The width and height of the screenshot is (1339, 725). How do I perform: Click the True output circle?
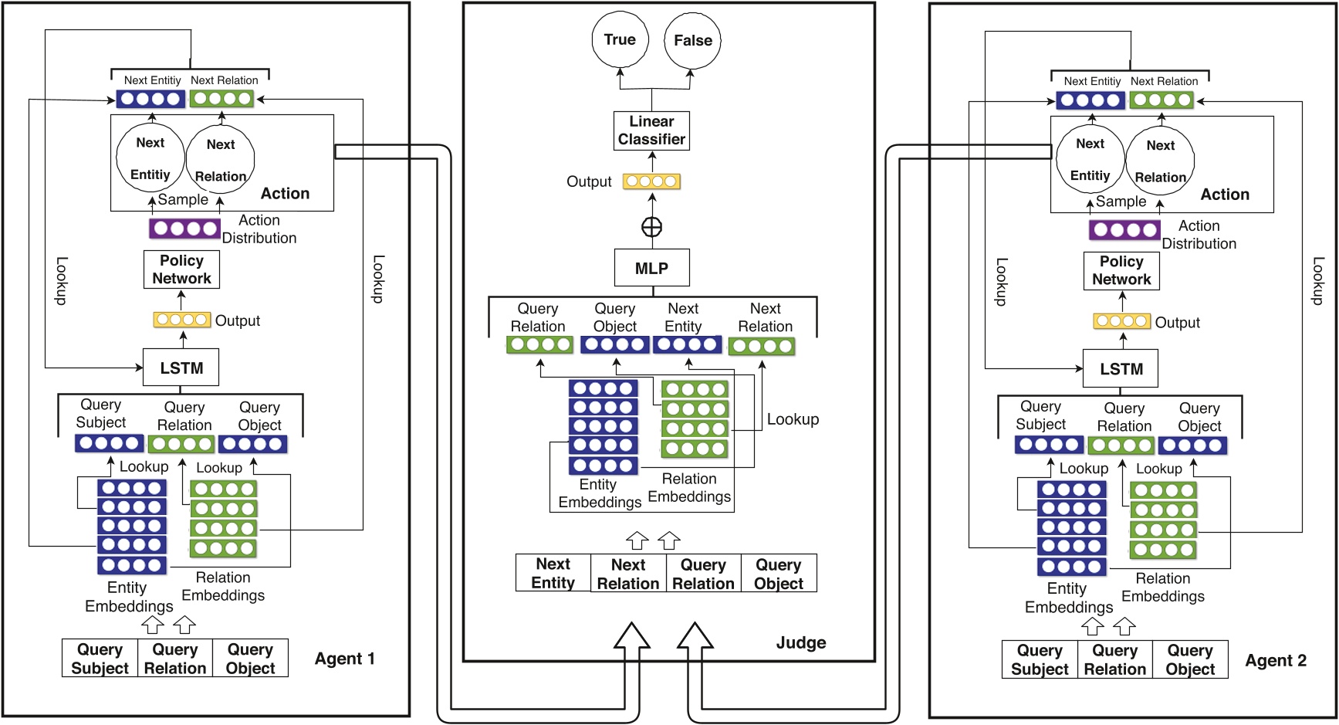coord(620,40)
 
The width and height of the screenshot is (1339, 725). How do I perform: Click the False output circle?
coord(692,41)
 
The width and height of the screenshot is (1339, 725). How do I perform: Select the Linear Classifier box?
coord(651,130)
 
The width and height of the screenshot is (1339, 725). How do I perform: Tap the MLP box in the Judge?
coord(651,268)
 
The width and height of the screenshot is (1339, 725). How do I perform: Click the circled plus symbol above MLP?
coord(652,227)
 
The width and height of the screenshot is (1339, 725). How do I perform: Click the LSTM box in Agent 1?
coord(181,368)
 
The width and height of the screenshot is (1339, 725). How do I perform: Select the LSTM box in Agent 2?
coord(1121,369)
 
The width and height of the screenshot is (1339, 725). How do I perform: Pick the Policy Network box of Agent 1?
coord(181,269)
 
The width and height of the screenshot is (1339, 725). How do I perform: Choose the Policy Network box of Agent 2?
coord(1121,271)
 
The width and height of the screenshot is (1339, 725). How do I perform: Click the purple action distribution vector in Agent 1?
coord(184,229)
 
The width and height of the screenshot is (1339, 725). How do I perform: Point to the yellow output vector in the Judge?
coord(652,181)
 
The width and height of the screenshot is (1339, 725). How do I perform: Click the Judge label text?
coord(800,642)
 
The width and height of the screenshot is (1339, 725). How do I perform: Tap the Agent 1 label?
coord(344,659)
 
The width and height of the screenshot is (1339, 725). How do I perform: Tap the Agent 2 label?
coord(1275,660)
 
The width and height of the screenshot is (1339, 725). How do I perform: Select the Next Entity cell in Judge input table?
coord(553,574)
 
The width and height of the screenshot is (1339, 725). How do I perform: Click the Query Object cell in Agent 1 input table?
coord(250,659)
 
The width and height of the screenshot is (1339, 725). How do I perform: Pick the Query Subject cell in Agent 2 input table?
coord(1039,660)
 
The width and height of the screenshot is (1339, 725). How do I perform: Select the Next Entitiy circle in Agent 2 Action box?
coord(1090,159)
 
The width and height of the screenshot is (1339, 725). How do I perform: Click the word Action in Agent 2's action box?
coord(1224,195)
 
